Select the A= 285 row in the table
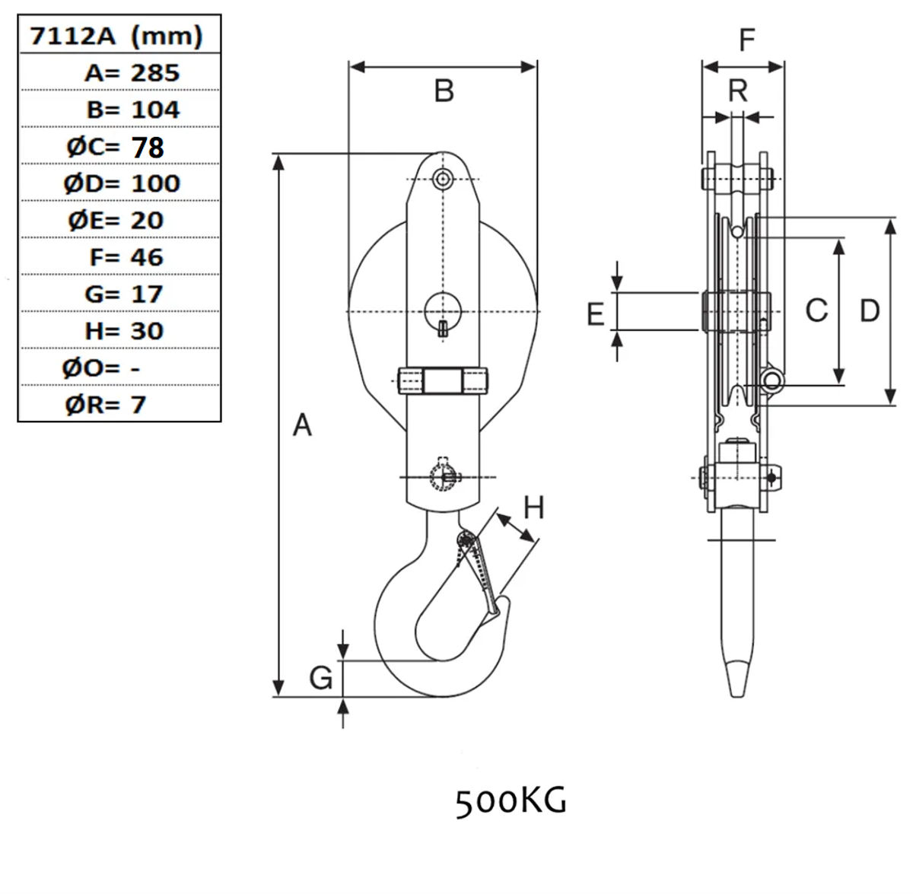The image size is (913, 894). (132, 73)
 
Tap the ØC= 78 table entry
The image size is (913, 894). (116, 147)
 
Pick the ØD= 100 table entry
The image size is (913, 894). (122, 183)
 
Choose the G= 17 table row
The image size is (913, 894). (124, 294)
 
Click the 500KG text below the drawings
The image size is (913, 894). (511, 801)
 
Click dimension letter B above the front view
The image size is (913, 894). (444, 91)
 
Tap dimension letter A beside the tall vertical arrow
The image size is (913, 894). (302, 425)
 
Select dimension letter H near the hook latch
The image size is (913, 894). (534, 507)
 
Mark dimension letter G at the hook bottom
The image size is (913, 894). (321, 676)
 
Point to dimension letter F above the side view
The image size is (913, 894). (747, 40)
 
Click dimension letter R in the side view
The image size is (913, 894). (738, 91)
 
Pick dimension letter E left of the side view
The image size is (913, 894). (596, 313)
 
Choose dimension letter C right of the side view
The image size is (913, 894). (816, 310)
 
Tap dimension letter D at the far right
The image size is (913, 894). (869, 310)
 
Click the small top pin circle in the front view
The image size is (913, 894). (442, 179)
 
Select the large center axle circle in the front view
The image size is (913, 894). (444, 310)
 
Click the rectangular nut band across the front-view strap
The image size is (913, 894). (443, 380)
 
